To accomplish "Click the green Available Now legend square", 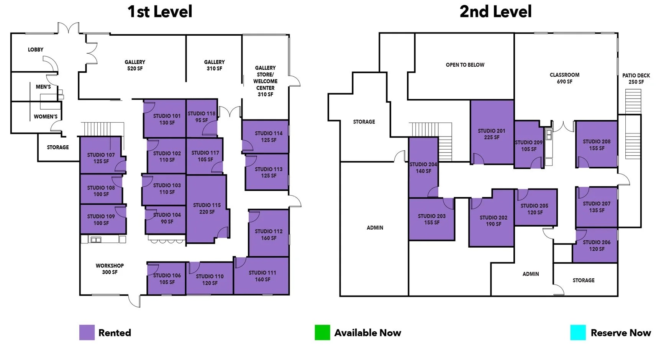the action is [322, 332].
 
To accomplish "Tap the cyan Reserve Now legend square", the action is [578, 332].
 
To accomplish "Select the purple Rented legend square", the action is [87, 332].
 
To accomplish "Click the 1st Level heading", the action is [160, 12].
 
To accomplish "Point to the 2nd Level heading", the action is [495, 12].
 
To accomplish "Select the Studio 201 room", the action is [492, 132].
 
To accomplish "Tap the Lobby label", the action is [36, 49].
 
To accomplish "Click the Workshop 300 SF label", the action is [110, 269].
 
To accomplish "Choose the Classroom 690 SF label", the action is [564, 78].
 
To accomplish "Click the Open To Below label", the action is [465, 65].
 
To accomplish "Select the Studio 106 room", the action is [167, 278].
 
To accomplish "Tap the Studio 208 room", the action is [597, 145].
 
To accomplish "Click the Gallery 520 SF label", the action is [135, 65].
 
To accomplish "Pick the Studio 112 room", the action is [269, 233].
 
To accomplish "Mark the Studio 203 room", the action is [431, 219].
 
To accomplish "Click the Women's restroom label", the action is [46, 117].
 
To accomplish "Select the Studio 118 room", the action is [202, 118].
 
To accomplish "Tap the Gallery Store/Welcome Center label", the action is [265, 81].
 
